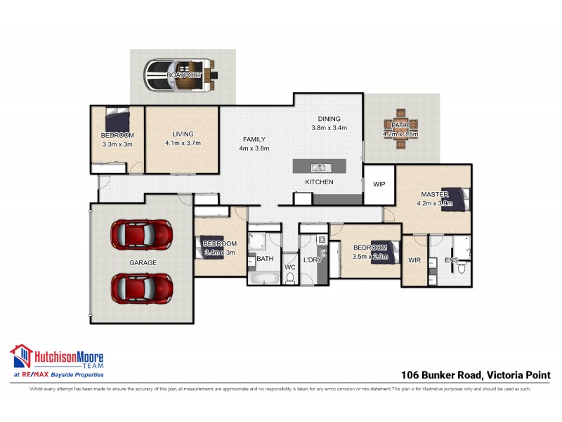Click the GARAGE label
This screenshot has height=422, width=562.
point(142,262)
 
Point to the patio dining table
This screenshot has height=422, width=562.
point(400,129)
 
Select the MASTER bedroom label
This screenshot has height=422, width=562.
point(434,195)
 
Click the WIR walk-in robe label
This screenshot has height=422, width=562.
point(414,260)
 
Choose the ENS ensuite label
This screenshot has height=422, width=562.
point(452,261)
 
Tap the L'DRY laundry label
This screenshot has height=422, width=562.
point(313,260)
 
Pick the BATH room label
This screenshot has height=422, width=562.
point(264,259)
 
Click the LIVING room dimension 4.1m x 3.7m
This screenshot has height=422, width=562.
point(183,143)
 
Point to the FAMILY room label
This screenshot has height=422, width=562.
point(254,139)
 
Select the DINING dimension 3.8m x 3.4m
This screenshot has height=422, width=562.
point(329,128)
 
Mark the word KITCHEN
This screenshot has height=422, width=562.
point(319,182)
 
